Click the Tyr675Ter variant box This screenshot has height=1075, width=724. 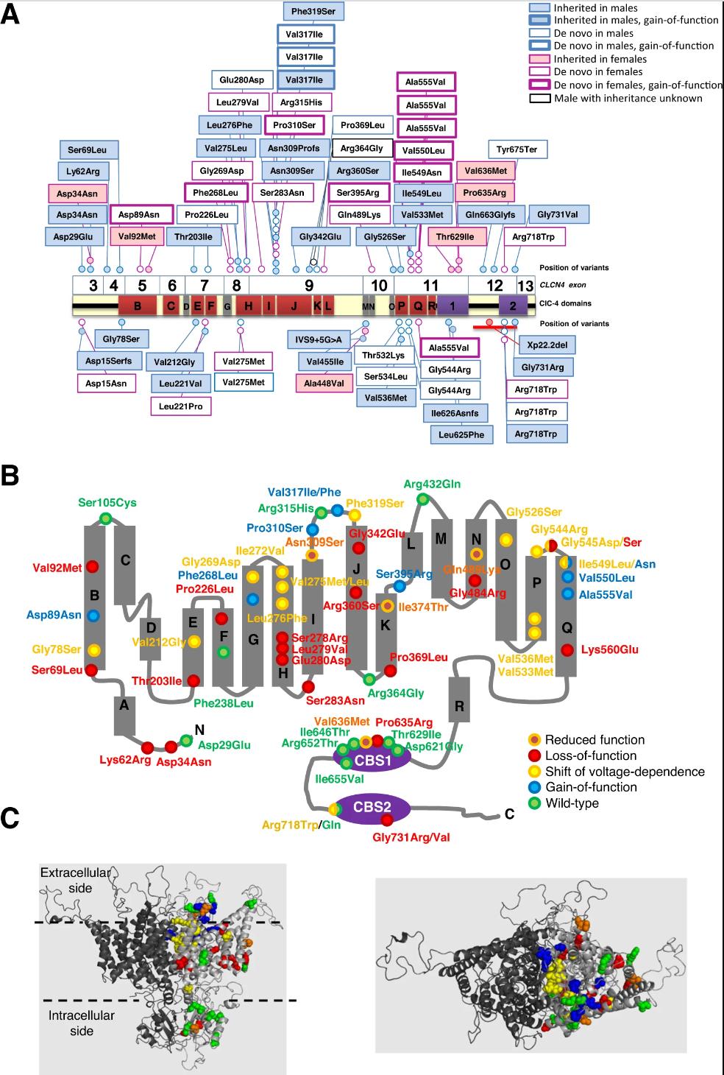point(517,149)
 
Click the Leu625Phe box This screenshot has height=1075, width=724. point(461,434)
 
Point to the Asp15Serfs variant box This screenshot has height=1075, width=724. point(108,360)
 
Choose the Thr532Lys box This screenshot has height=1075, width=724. point(383,355)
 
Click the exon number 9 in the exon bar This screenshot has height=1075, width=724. point(309,285)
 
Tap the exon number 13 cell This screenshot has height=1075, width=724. point(525,285)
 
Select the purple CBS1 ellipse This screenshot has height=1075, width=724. point(373,759)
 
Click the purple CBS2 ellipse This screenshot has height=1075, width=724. point(372,806)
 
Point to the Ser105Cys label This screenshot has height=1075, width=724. point(107,503)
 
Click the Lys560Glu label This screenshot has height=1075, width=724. point(610,650)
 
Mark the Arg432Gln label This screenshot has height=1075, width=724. point(432,484)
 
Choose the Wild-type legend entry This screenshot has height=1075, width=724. point(571,803)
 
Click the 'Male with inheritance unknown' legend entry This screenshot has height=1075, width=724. point(628,98)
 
